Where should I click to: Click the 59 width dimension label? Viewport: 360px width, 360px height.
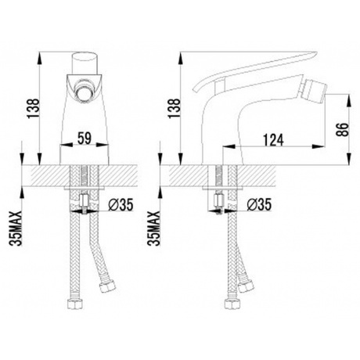tap(85, 138)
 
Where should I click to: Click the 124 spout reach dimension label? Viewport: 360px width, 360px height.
tap(273, 140)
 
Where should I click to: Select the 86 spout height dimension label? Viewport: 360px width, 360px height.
tap(344, 129)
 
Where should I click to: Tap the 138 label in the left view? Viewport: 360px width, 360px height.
tap(34, 108)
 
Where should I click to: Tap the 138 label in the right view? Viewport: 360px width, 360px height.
tap(174, 108)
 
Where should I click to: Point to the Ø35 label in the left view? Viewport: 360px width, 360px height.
tap(121, 204)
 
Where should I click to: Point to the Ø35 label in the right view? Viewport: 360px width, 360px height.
tap(259, 204)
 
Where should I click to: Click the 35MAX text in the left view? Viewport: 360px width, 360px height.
tap(16, 229)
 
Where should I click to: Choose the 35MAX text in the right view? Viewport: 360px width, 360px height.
tap(153, 229)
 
